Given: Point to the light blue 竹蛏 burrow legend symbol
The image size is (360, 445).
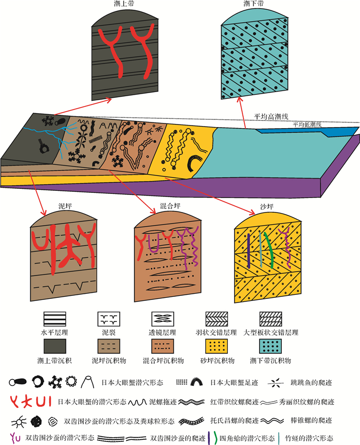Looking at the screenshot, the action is [279, 438].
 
